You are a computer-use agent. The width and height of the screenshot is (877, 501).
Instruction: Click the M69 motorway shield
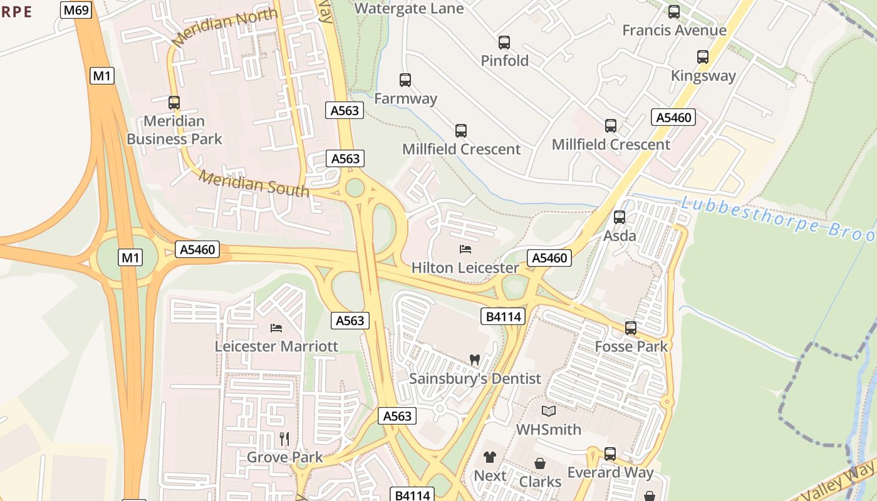point(76,9)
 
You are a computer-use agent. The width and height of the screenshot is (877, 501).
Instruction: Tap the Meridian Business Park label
point(174,130)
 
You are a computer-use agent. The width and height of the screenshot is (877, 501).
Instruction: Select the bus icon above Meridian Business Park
point(174,103)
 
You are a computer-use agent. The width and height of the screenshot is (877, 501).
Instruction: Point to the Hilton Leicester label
point(465,267)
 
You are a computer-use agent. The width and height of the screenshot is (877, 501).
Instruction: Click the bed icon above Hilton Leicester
point(465,249)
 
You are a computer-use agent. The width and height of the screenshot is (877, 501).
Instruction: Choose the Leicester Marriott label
point(276,346)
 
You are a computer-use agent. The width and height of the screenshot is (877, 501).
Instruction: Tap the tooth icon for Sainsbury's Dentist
point(474,360)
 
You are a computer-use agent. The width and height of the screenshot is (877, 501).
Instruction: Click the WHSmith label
point(548,430)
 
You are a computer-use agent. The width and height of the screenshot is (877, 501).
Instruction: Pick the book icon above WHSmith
point(549,411)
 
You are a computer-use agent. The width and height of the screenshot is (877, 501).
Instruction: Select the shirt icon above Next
point(490,458)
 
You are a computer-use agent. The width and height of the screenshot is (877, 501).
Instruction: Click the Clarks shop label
point(540,482)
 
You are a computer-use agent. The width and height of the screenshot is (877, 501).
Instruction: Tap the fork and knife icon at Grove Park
point(284,438)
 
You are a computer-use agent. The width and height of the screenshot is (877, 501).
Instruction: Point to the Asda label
point(620,236)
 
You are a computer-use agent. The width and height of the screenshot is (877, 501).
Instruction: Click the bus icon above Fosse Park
point(631,328)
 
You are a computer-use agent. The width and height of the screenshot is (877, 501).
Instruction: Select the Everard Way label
point(610,472)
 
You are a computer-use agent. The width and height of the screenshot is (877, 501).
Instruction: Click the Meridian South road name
point(254,183)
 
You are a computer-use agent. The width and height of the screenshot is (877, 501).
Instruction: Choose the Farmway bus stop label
point(405,98)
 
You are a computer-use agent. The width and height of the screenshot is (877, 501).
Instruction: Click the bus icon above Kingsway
point(703,58)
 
